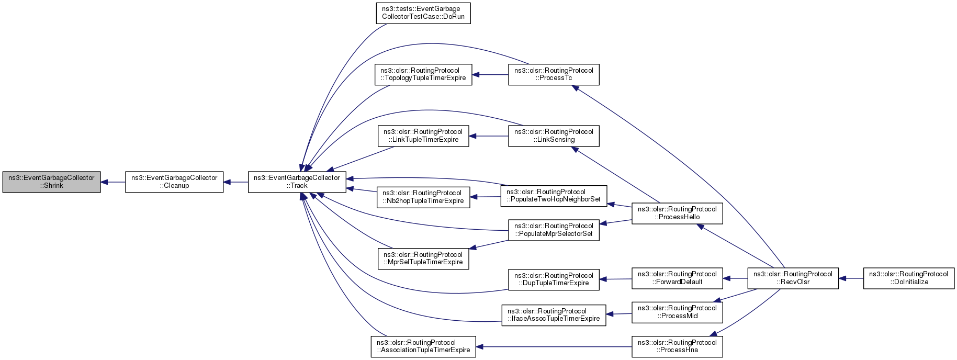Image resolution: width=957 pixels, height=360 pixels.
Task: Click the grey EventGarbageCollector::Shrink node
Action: [x=51, y=182]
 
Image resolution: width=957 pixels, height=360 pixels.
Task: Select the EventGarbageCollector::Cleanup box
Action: [x=174, y=182]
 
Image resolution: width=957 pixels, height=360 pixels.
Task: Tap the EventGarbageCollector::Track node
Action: [x=297, y=182]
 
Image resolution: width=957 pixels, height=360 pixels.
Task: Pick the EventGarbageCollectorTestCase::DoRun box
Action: [x=423, y=13]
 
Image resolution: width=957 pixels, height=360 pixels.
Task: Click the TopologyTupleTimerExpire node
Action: [x=423, y=74]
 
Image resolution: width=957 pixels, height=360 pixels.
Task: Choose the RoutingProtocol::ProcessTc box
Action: [x=554, y=74]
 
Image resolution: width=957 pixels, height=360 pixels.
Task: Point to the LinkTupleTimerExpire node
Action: [x=423, y=136]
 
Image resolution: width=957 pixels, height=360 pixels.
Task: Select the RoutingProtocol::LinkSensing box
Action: [x=554, y=136]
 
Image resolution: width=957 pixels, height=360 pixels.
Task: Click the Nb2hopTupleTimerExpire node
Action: [x=423, y=197]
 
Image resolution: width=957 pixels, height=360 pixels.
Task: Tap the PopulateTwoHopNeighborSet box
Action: [x=554, y=196]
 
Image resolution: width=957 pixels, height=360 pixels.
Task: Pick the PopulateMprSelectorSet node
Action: [x=554, y=230]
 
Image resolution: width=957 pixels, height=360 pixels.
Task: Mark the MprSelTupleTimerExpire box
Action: [x=423, y=258]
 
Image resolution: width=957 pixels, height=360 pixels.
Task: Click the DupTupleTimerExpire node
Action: [x=554, y=279]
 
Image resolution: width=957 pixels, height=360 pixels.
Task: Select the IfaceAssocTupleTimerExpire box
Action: [x=554, y=315]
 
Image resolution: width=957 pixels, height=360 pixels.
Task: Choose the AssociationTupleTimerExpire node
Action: [x=423, y=346]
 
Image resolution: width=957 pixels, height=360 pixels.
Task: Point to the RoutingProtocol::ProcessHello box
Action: [x=677, y=213]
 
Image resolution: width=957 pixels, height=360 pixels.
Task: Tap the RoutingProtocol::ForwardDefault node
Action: [x=677, y=278]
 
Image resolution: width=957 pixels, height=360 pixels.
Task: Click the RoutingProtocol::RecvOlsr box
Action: [x=793, y=278]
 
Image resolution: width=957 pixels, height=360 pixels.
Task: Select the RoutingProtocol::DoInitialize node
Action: [x=909, y=278]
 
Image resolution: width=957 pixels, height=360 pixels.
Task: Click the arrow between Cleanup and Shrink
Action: [x=113, y=182]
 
